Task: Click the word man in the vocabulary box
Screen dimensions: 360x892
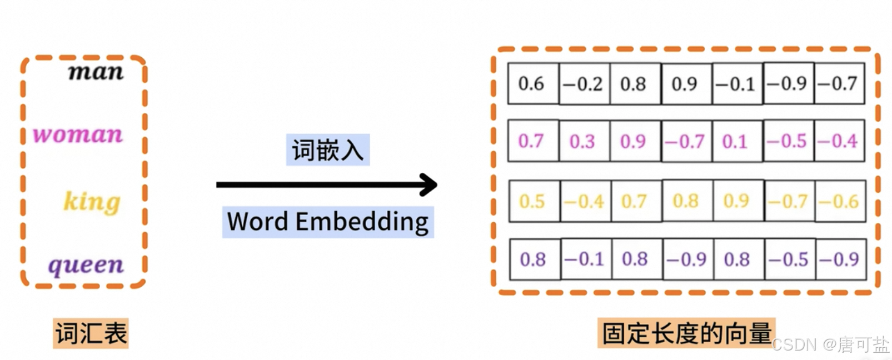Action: tap(96, 72)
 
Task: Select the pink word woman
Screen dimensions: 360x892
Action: tap(78, 134)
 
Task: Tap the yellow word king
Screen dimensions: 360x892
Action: tap(92, 202)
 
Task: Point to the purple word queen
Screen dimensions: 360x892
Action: tap(86, 266)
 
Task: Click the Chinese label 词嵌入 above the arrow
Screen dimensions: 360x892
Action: tap(327, 150)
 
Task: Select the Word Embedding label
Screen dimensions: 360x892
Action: tap(327, 222)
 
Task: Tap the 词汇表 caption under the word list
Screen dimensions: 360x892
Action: tap(91, 333)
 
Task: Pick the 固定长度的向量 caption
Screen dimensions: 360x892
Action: tap(686, 333)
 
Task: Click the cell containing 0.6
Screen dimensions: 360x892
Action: tap(532, 84)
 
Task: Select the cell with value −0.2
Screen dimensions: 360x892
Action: tap(583, 84)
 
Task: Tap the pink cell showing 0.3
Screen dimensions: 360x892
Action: tap(582, 141)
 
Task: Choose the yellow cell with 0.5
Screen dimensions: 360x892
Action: tap(532, 201)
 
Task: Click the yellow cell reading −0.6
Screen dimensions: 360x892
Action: tap(840, 201)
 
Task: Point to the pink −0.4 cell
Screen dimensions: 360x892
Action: tap(839, 141)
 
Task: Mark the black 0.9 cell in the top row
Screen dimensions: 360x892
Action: tap(685, 84)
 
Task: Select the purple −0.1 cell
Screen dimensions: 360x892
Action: tap(584, 259)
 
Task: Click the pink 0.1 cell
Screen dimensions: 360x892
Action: tap(735, 141)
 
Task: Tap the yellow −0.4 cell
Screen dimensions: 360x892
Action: tap(584, 201)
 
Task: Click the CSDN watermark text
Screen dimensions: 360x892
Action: tap(830, 345)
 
